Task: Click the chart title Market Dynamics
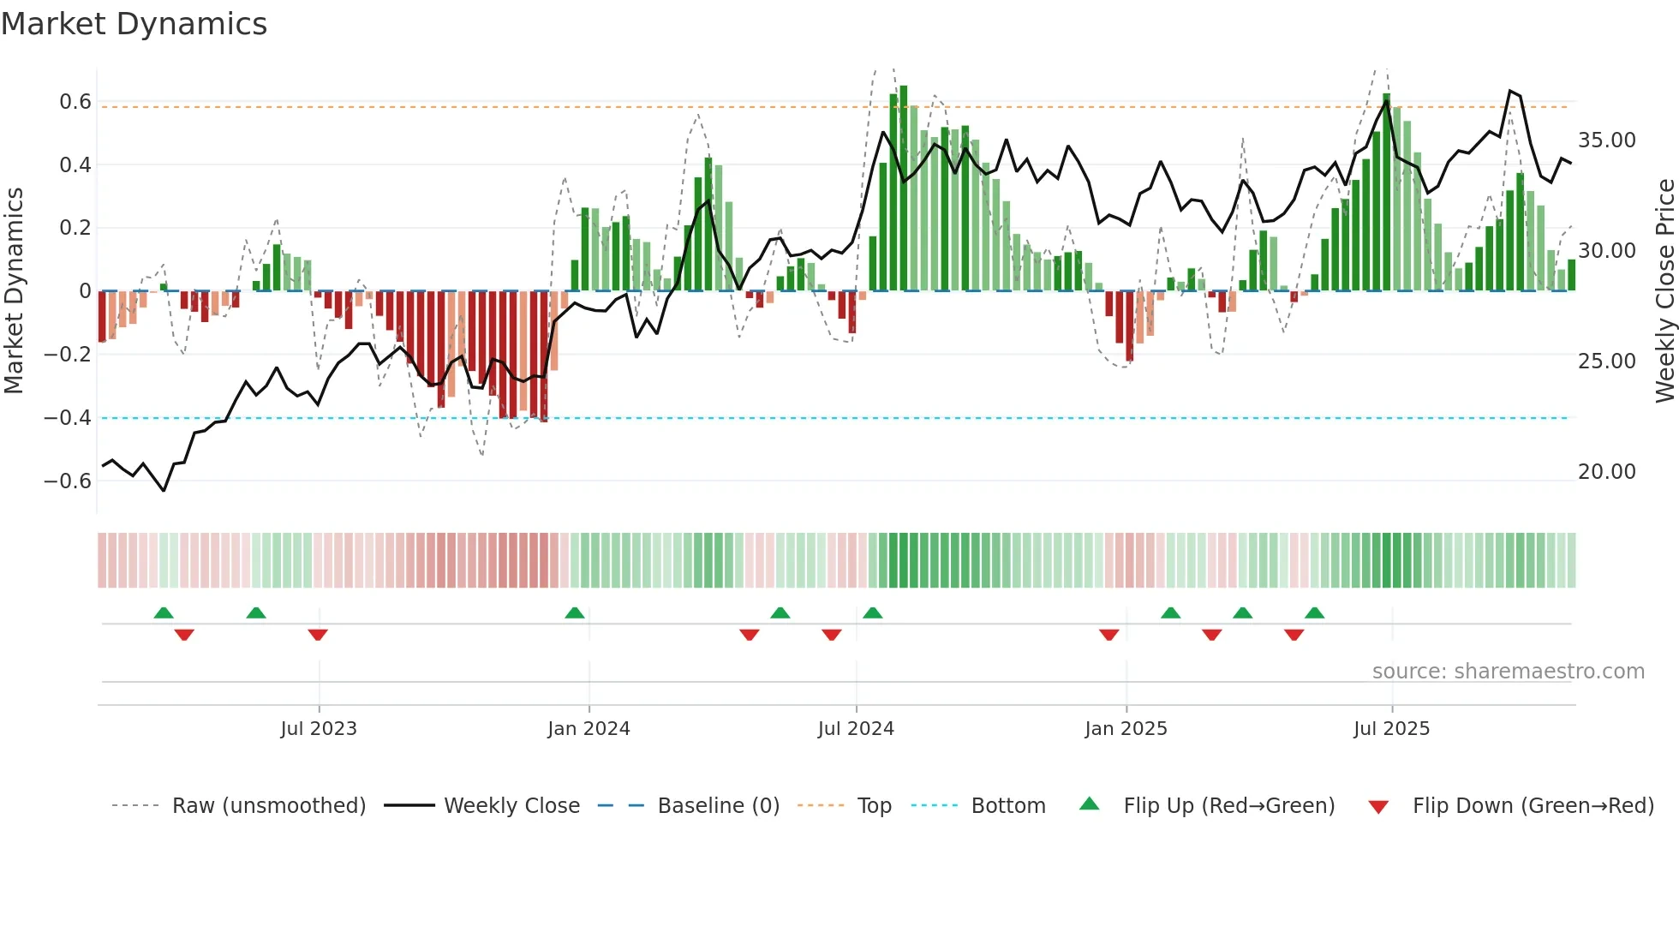click(134, 24)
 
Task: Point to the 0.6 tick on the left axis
click(75, 102)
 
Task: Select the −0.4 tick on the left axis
click(68, 418)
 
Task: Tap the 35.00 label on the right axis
click(1606, 140)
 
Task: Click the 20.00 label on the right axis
click(1606, 472)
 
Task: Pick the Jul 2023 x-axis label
click(319, 729)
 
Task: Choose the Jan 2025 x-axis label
click(1126, 729)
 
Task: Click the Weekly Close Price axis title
click(1664, 291)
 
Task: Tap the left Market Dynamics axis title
click(14, 291)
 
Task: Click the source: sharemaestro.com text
click(1508, 672)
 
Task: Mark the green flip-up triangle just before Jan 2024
click(575, 613)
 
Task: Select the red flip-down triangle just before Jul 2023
click(318, 635)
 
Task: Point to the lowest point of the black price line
click(164, 490)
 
